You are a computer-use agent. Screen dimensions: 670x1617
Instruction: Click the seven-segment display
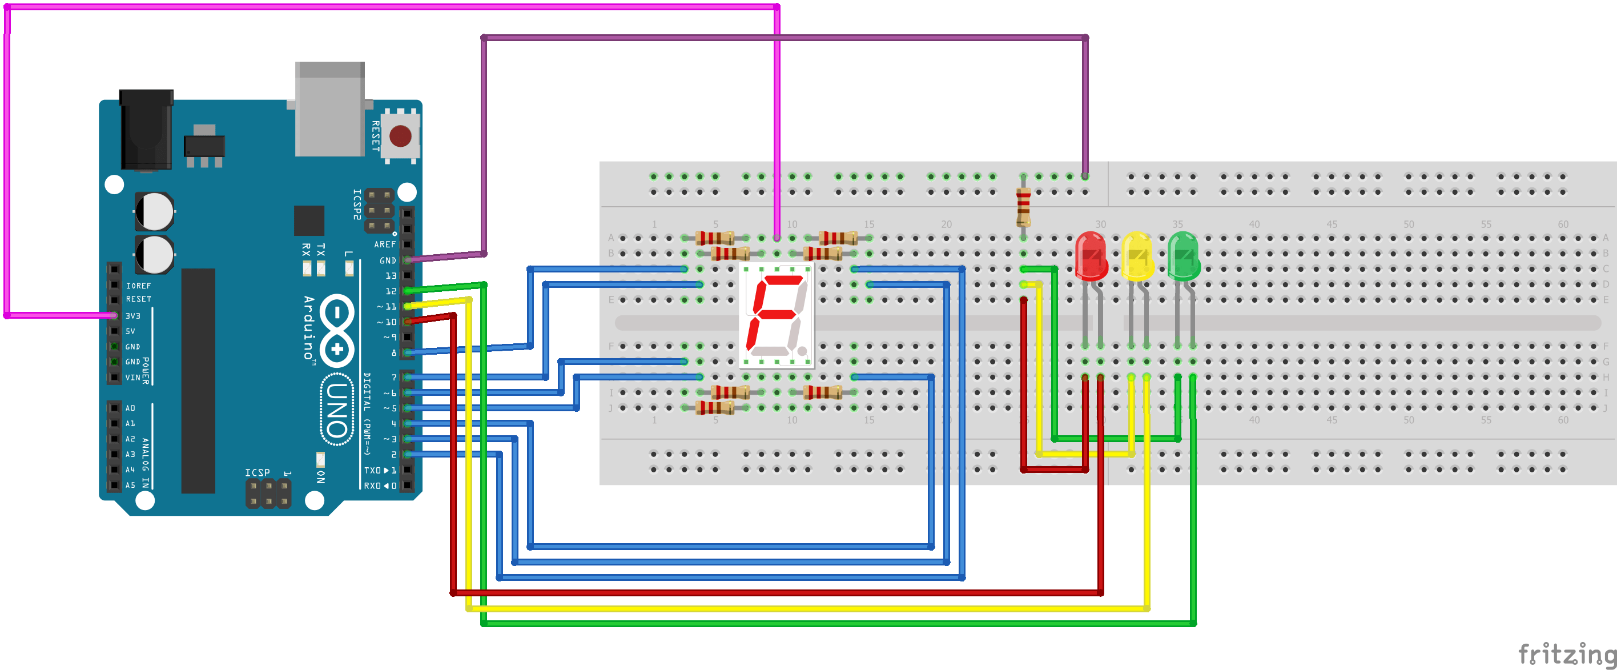click(x=777, y=314)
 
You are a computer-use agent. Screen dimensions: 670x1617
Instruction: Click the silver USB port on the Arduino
click(x=329, y=110)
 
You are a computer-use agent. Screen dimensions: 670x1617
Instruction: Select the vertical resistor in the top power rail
click(x=1023, y=207)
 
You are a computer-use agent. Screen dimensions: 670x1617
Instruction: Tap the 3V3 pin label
click(x=133, y=316)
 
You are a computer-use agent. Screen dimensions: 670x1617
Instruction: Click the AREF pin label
click(x=385, y=244)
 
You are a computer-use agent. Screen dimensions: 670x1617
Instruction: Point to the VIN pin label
click(x=133, y=378)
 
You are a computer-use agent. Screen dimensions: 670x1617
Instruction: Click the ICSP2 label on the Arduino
click(x=356, y=204)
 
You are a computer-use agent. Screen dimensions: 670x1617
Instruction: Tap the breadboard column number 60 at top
click(x=1562, y=224)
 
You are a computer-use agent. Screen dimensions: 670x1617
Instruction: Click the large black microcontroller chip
click(x=198, y=380)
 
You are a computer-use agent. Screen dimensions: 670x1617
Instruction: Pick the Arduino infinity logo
click(x=337, y=330)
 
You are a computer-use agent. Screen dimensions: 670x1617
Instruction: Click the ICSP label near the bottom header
click(x=258, y=472)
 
